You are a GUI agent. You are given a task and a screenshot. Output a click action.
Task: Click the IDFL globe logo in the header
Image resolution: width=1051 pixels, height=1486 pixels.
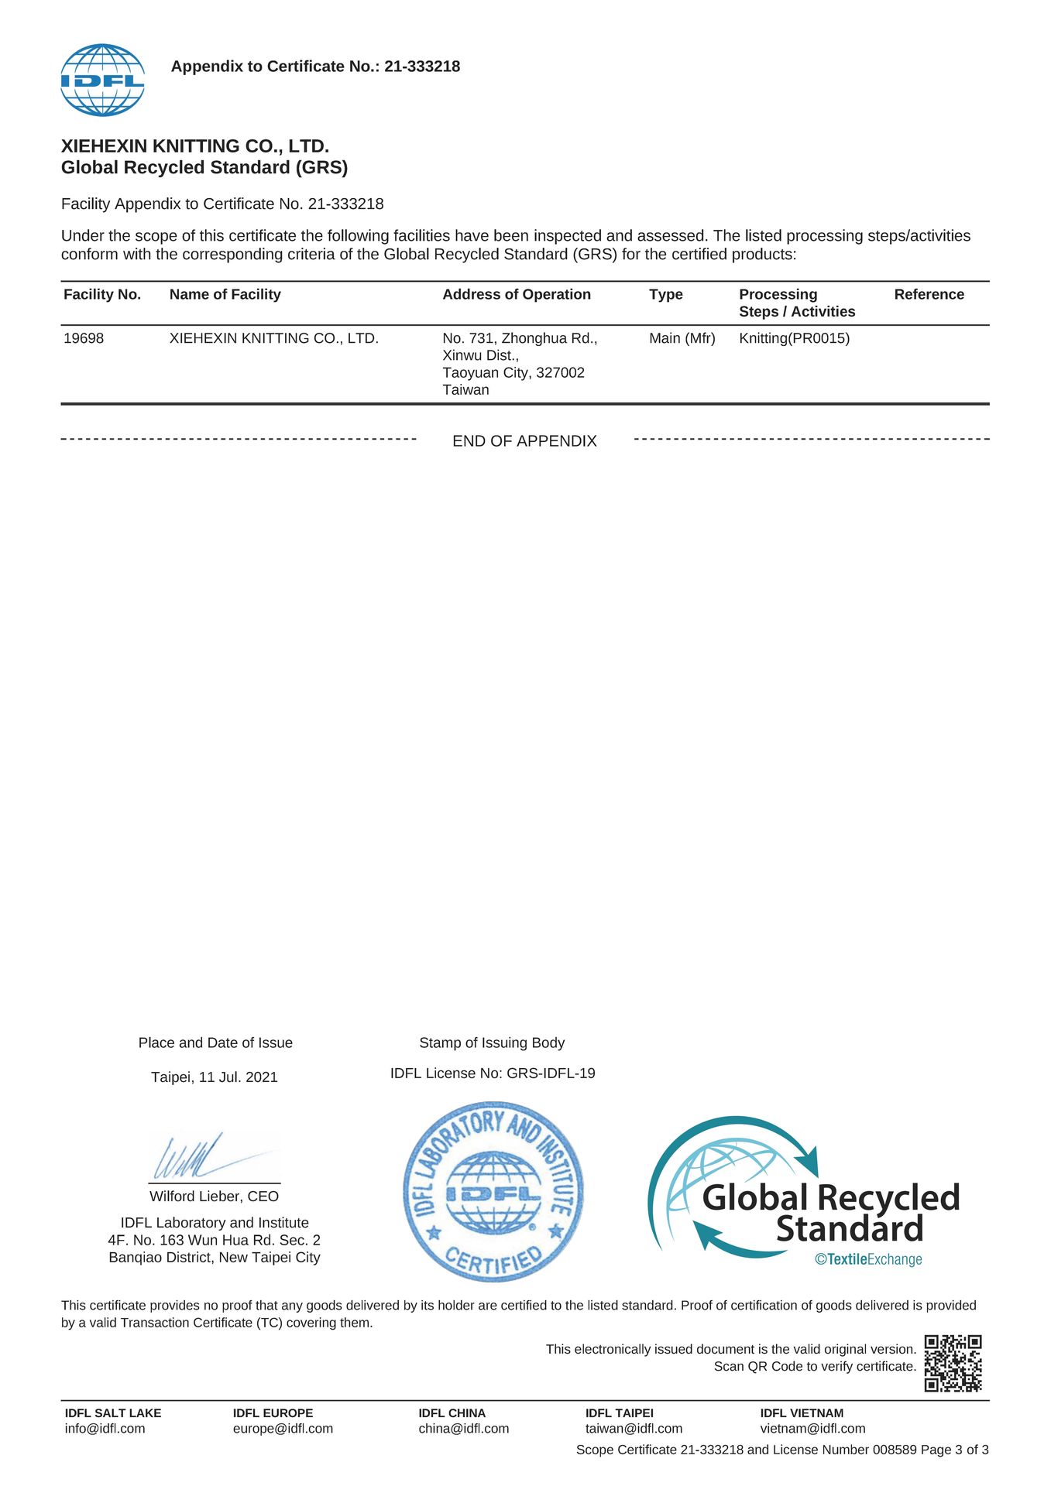coord(102,80)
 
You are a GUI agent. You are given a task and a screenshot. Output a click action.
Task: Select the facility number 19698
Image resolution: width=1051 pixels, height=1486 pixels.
coord(84,338)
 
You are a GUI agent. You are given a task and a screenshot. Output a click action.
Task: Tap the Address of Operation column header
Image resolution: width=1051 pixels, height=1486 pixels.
coord(516,294)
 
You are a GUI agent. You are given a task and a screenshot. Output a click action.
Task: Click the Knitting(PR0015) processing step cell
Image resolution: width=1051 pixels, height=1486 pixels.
coord(794,338)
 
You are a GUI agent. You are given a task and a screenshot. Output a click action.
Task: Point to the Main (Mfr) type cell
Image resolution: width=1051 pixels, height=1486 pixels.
coord(682,338)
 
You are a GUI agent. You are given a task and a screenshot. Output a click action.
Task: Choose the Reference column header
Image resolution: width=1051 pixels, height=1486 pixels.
coord(929,294)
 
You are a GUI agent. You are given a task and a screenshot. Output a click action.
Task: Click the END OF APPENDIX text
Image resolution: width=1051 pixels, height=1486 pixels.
coord(524,441)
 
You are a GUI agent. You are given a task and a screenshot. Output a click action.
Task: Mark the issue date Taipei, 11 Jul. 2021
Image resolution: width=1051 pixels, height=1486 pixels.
coord(214,1077)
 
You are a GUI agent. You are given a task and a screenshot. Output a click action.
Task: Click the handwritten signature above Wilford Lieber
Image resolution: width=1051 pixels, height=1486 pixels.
coord(209,1157)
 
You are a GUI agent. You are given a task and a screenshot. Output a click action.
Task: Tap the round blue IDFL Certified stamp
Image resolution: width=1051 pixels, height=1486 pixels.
coord(493,1192)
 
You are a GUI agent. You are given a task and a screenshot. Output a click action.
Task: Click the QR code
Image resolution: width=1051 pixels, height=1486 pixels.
coord(953,1363)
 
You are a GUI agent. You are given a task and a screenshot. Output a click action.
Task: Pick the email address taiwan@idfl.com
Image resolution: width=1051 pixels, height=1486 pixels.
coord(634,1428)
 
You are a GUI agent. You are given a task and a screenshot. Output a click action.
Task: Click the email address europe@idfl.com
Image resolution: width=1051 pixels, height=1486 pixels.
coord(283,1428)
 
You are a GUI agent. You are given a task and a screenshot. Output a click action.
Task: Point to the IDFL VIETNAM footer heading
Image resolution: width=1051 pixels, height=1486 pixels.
coord(802,1412)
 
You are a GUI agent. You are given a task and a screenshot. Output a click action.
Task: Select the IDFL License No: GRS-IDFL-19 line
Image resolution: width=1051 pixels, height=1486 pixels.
coord(493,1073)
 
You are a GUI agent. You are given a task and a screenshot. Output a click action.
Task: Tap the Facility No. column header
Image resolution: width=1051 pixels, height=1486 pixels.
coord(102,294)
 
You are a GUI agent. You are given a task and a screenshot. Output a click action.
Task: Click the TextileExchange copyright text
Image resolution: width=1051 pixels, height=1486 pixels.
coord(868,1259)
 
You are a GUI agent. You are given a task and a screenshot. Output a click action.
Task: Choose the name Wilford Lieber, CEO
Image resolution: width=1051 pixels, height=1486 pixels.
coord(214,1196)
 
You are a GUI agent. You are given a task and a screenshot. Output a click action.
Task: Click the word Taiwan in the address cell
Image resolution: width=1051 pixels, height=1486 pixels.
coord(465,390)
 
